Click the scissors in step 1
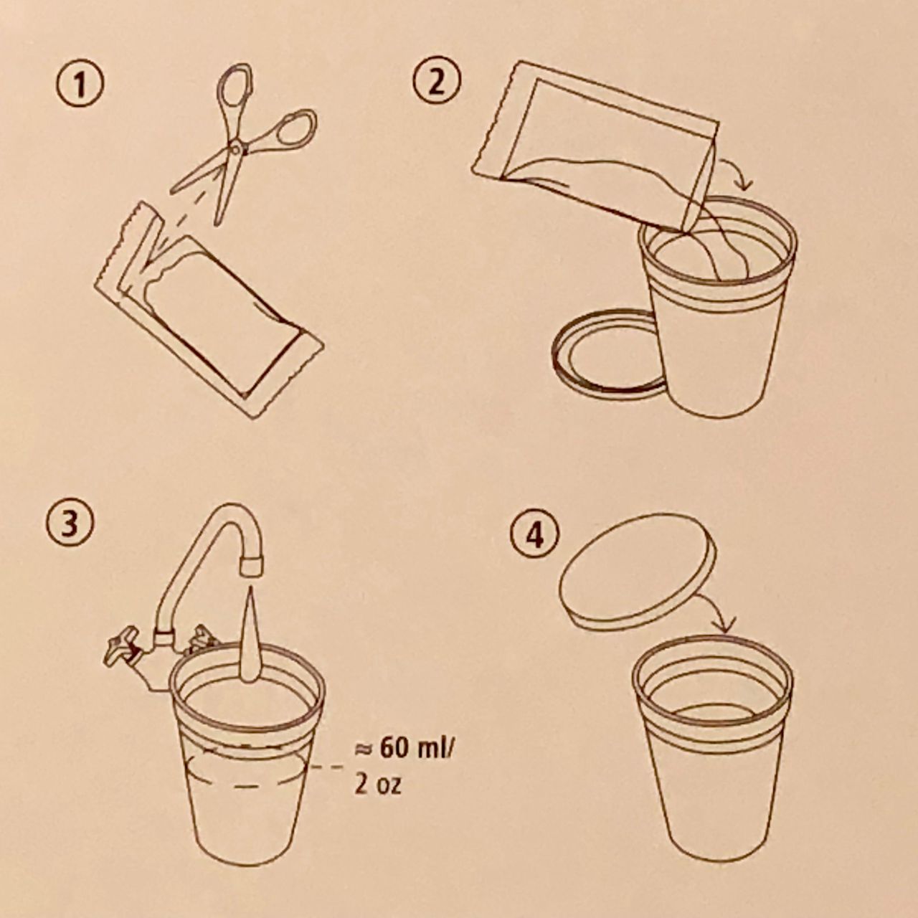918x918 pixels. (237, 148)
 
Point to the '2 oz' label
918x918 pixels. (377, 785)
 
